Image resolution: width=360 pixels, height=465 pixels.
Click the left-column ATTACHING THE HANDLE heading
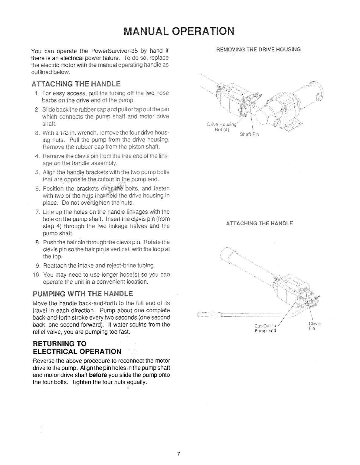[x=76, y=84]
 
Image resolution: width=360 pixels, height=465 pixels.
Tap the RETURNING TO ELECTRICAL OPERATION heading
[x=77, y=347]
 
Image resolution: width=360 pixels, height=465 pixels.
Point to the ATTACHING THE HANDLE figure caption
[x=259, y=224]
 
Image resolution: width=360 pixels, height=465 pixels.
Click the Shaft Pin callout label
[x=250, y=135]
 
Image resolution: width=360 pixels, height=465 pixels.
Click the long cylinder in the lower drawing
[x=248, y=263]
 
